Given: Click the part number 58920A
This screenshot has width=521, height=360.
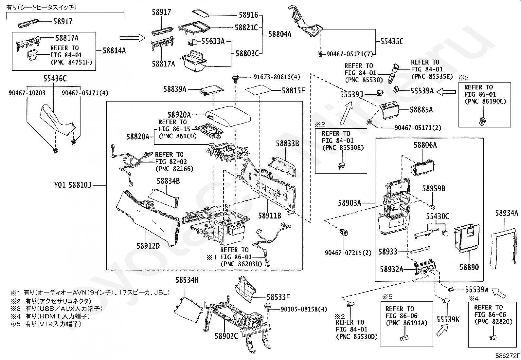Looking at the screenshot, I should click(179, 115).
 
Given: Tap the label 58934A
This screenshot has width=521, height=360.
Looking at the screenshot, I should click(507, 213).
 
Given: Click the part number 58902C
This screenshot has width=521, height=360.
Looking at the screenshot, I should click(226, 336).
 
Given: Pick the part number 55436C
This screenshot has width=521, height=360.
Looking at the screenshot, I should click(55, 79).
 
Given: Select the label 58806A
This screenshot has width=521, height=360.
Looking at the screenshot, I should click(425, 145).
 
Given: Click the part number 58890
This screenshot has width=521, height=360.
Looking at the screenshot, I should click(469, 267).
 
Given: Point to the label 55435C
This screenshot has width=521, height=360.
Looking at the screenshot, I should click(392, 42).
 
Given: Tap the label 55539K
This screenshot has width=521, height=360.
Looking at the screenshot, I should click(448, 319).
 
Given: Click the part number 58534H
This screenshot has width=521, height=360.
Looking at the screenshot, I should click(187, 280).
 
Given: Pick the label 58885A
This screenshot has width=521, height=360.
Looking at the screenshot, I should click(421, 110).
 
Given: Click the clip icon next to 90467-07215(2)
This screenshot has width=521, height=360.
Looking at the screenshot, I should click(344, 233).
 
